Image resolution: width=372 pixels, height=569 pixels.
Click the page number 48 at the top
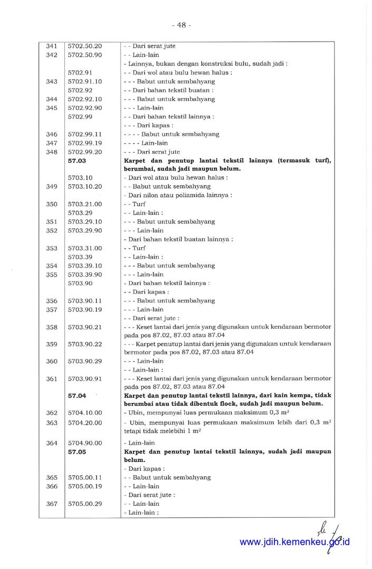(181, 25)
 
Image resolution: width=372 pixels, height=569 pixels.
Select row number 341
(52, 46)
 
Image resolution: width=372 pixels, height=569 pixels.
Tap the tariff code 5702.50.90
(85, 55)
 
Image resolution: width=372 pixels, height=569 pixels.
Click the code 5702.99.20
(85, 152)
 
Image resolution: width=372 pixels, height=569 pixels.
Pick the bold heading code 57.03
(77, 161)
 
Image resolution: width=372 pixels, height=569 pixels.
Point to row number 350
(52, 204)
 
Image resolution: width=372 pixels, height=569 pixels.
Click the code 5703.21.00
(85, 204)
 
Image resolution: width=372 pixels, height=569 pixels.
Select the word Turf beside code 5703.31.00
(139, 248)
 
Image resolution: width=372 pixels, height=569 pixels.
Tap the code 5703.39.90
(85, 274)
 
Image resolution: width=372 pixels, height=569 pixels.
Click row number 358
(52, 327)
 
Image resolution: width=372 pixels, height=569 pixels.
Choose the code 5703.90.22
(85, 344)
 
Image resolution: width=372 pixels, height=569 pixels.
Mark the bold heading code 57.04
(77, 395)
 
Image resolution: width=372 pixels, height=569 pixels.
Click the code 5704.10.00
(85, 413)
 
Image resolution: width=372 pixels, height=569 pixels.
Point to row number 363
(52, 423)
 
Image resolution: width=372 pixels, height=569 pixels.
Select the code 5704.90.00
(85, 443)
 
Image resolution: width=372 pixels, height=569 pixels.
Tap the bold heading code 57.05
(77, 452)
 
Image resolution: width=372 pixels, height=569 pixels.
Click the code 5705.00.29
(85, 504)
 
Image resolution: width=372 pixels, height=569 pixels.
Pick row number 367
(52, 504)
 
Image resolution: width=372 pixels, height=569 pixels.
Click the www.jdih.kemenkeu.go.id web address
(295, 542)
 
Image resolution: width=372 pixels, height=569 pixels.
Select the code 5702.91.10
(85, 82)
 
